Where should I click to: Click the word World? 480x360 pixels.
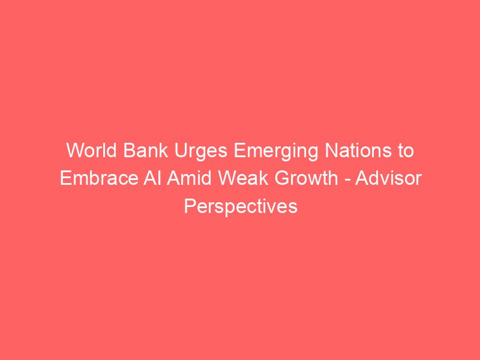point(92,151)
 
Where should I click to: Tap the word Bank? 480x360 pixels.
point(146,151)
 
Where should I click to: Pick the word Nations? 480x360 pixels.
point(358,151)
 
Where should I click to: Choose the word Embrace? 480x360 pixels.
point(99,178)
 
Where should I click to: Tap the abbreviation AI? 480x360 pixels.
point(152,178)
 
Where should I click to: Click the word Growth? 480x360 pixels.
point(306,178)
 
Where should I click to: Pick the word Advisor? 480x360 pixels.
point(388,178)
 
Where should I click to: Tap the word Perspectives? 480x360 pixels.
point(241,207)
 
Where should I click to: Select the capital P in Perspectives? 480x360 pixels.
point(190,206)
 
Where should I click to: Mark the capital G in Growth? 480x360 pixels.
point(281,178)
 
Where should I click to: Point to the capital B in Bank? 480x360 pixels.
point(130,151)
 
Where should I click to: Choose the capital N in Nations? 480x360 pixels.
point(331,151)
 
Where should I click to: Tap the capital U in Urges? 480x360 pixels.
point(181,151)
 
